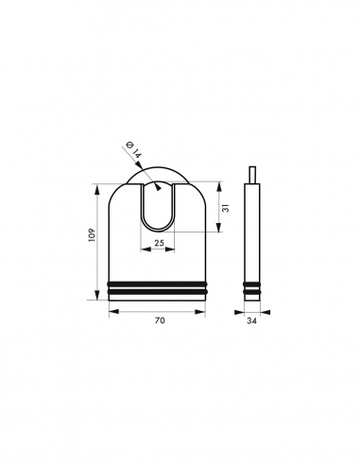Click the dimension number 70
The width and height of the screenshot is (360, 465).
160,321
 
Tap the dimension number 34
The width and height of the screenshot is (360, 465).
251,321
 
